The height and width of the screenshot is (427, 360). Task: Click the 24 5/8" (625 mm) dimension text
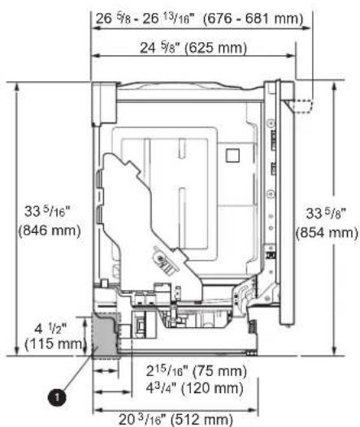point(194,49)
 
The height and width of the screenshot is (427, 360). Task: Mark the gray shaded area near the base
point(105,334)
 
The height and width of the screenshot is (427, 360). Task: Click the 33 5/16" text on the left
point(50,213)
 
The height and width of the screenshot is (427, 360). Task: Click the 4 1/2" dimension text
point(59,329)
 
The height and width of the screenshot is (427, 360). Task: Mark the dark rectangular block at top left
point(104,101)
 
